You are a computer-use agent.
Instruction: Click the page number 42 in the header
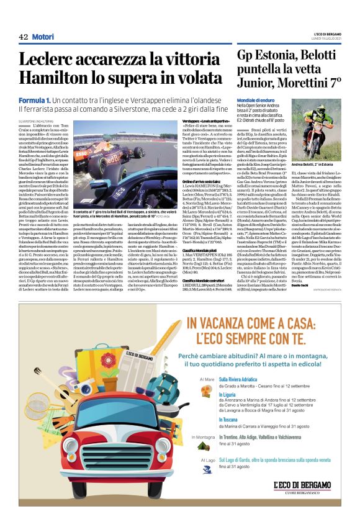[24, 37]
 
